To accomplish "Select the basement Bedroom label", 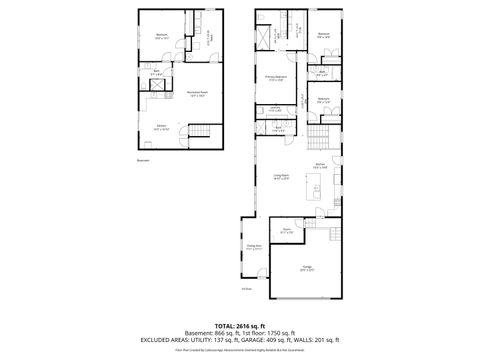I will pos(161,36).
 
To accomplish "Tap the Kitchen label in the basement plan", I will pos(161,127).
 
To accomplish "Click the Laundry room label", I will pos(275,109).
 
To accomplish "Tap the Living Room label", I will pos(281,177).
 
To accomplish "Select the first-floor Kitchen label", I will pos(319,166).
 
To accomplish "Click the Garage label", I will pos(308,267).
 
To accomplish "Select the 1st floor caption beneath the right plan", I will pos(246,290).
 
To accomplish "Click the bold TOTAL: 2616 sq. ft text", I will pos(239,327).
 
